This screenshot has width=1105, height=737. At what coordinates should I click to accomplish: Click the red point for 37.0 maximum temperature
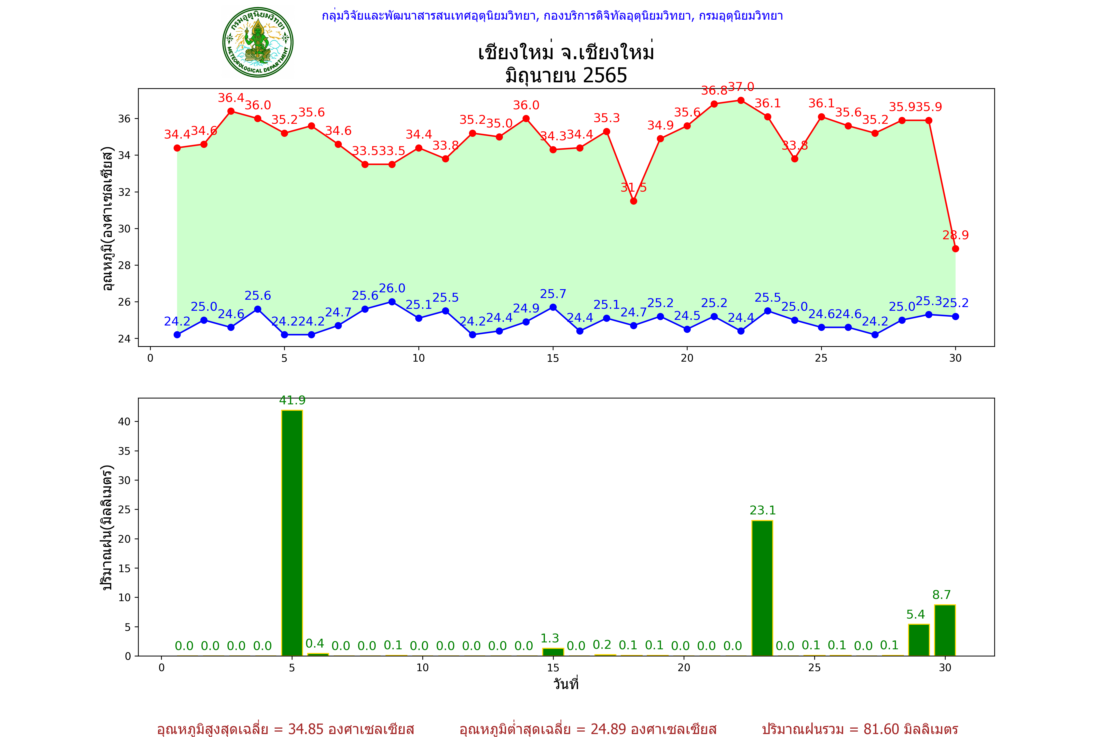741,100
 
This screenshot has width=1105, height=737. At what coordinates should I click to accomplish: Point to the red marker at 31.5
633,201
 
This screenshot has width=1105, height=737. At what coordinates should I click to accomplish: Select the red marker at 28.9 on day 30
955,249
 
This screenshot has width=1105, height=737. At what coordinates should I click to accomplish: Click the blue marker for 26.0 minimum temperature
392,302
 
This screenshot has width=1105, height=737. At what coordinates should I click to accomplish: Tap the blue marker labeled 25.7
553,307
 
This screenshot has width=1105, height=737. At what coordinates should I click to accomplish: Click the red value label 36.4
231,98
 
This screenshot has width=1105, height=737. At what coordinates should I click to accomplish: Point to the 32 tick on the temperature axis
124,192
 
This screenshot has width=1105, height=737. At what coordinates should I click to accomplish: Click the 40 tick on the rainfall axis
124,422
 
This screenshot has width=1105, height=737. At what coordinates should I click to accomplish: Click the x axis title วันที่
566,684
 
